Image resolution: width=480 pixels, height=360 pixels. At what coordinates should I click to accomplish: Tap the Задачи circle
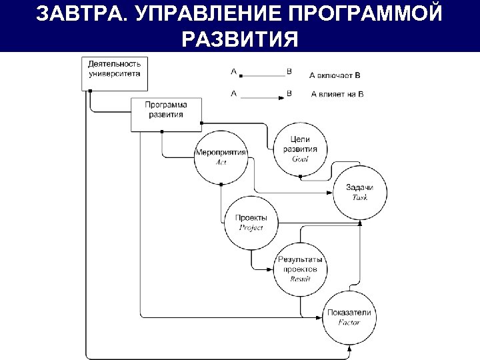pos(359,192)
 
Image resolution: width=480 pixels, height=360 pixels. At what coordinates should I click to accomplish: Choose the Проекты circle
pos(251,222)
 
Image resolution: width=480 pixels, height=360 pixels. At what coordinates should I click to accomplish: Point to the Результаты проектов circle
pos(300,269)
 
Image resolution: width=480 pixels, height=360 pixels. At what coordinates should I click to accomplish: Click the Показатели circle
pos(349,317)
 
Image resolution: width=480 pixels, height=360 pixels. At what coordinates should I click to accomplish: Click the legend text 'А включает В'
pos(335,75)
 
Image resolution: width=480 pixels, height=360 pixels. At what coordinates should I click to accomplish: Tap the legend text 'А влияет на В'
pos(337,94)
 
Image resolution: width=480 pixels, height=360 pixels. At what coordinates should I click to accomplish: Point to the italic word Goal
pos(300,159)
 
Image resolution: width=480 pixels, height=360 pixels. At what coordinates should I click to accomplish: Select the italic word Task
pos(359,197)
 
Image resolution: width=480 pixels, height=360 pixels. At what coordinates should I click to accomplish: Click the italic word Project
pos(251,227)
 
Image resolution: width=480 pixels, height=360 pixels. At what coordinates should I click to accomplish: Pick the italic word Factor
pos(349,323)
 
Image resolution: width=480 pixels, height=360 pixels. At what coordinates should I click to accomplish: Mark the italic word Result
pos(300,279)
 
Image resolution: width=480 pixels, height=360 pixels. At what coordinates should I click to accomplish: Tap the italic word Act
pos(221,162)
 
